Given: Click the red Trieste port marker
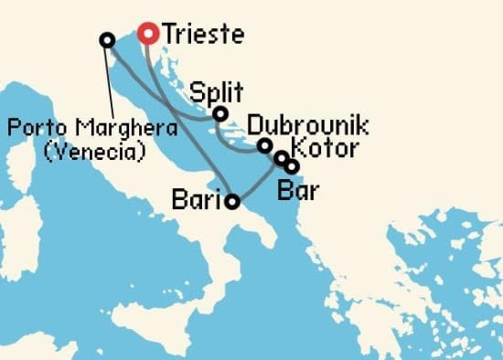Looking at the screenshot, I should (x=148, y=34).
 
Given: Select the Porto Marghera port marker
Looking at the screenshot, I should (x=107, y=40).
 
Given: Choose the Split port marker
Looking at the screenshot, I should (x=219, y=113).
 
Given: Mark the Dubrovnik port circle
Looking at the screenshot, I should (x=264, y=145).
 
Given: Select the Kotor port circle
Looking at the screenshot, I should (x=282, y=158).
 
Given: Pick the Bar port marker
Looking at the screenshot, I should (x=291, y=167).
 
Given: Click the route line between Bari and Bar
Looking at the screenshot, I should (x=262, y=185).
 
